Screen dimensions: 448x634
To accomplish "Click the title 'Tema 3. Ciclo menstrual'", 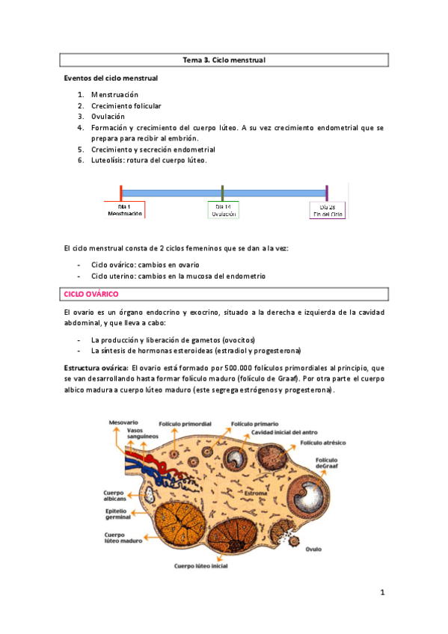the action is coord(224,59).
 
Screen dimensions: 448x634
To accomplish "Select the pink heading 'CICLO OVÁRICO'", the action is coord(87,295).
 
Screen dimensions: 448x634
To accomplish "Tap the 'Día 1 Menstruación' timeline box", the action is coord(124,210).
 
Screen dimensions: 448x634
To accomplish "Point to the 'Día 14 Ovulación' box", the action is coord(224,210).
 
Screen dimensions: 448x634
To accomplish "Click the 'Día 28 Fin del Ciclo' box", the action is coord(328,210).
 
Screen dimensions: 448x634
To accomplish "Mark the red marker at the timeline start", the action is coord(121,192).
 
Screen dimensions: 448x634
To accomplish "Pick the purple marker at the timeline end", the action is coord(327,192).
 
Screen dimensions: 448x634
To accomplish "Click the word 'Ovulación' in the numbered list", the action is coord(108,117).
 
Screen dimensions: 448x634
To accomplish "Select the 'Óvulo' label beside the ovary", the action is coord(313,549).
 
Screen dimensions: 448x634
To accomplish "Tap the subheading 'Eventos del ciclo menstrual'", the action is coord(111,78).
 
